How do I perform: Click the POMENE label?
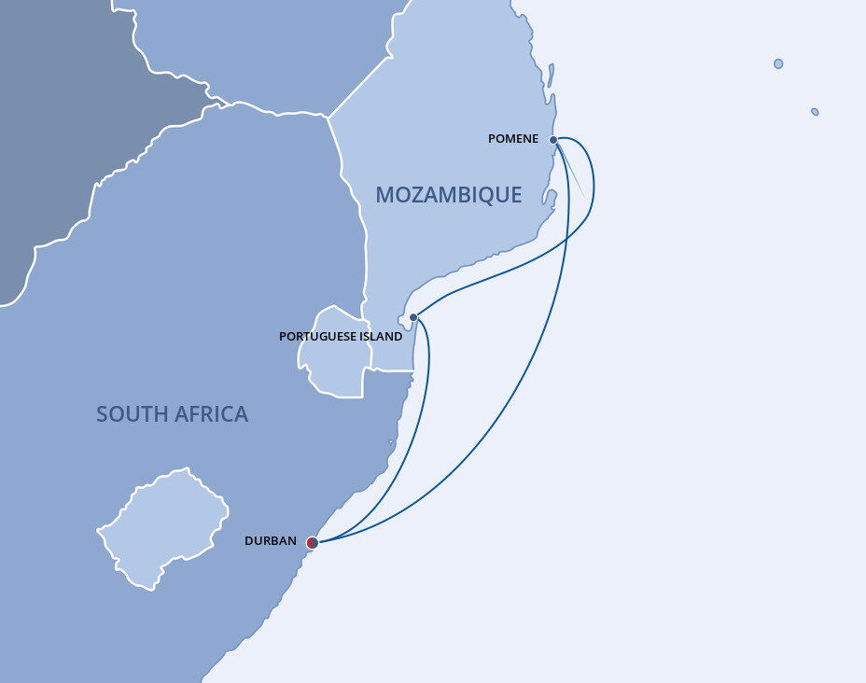(513, 139)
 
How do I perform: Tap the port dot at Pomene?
(553, 140)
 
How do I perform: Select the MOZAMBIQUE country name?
(448, 195)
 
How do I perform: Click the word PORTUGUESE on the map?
(316, 336)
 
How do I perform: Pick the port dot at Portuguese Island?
(413, 317)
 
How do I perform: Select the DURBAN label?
(271, 541)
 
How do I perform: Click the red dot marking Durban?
(313, 542)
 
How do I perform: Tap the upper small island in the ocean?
(778, 63)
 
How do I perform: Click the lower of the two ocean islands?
(815, 112)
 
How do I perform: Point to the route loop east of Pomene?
(593, 187)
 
